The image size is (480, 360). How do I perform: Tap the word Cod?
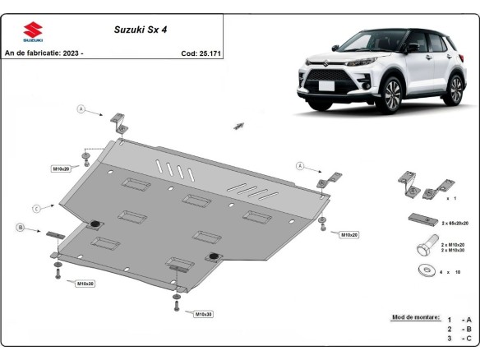188,53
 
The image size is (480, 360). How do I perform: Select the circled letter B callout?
19,226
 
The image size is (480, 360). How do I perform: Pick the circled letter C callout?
38,207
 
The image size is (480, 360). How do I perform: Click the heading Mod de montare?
412,317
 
